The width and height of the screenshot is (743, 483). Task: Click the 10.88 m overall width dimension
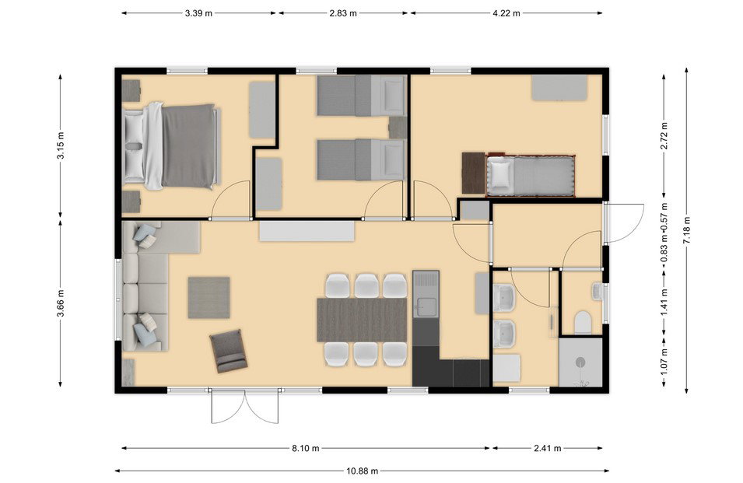[x=362, y=471]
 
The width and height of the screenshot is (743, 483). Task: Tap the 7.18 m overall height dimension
[x=687, y=230]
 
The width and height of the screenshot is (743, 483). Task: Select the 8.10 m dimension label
[x=305, y=448]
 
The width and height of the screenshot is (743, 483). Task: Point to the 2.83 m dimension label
[x=343, y=13]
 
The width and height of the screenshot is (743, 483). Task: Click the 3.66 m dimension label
[x=60, y=303]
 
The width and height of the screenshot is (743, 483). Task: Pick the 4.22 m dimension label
[x=506, y=13]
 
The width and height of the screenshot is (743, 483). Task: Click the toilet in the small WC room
[x=583, y=323]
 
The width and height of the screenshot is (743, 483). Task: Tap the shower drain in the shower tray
[x=580, y=362]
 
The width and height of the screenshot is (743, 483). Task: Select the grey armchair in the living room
[x=229, y=351]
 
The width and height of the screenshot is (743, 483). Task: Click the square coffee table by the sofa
[x=209, y=298]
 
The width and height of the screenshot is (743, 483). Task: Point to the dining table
[x=362, y=320]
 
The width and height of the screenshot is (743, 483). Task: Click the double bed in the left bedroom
[x=171, y=146]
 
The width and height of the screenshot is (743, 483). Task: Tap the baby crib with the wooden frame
[x=531, y=175]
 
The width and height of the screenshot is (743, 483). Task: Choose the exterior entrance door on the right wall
[x=624, y=222]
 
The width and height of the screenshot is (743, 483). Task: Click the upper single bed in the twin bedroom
[x=361, y=96]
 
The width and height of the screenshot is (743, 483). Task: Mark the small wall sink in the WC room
[x=598, y=292]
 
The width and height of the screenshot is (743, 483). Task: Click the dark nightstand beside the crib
[x=473, y=173]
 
